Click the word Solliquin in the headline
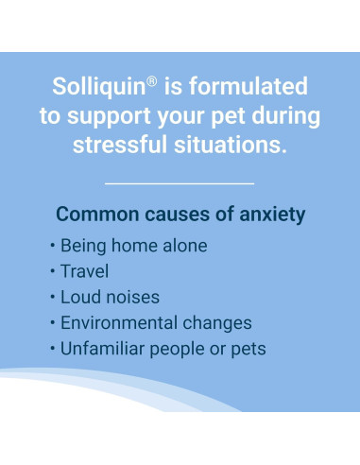pos(98,87)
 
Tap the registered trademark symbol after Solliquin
pos(151,81)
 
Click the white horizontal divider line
pos(180,183)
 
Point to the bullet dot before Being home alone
pos(52,246)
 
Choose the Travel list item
pos(84,271)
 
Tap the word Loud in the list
pos(79,297)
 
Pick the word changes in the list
pos(217,323)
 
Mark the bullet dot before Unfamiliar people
pos(52,348)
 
